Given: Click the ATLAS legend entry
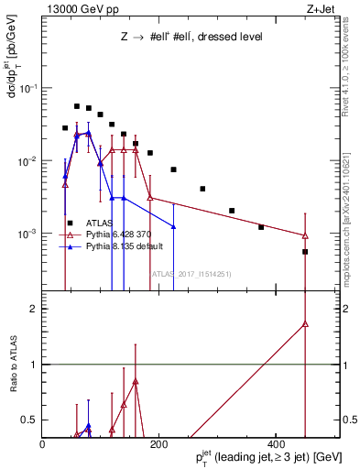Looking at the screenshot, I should [x=97, y=223].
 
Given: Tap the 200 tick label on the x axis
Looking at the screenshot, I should [x=158, y=443].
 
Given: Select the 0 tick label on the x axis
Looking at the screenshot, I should [x=42, y=443].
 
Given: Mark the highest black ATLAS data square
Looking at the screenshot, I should [x=77, y=106].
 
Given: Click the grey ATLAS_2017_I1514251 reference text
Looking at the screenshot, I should [x=186, y=272].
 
